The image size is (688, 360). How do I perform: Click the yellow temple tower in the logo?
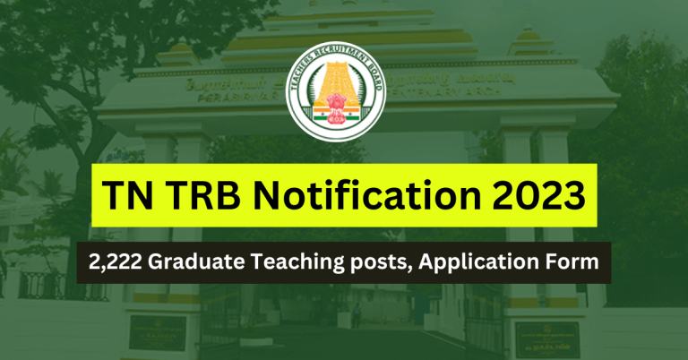click(343, 86)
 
